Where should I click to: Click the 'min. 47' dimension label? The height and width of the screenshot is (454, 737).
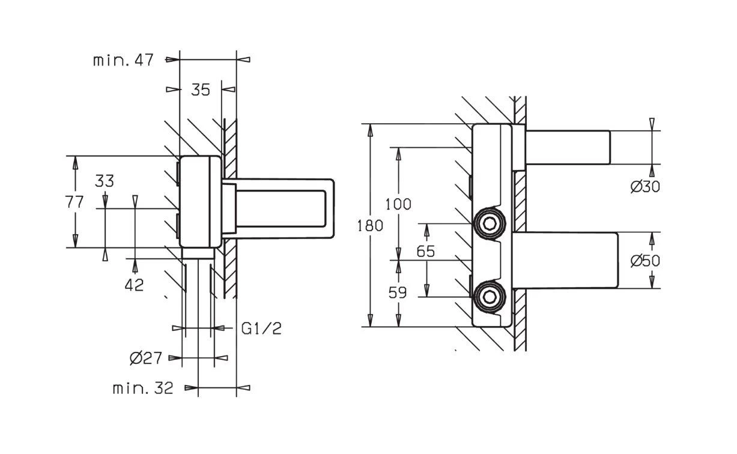click(x=123, y=59)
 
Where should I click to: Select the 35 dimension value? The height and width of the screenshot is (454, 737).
click(x=201, y=89)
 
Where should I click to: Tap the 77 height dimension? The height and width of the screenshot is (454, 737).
click(x=75, y=202)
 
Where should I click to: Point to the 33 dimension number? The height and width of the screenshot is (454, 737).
click(x=105, y=181)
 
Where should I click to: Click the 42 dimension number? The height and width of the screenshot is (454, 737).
click(x=135, y=285)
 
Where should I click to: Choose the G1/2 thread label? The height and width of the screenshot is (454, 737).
click(x=261, y=328)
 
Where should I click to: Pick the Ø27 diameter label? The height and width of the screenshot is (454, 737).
click(x=146, y=359)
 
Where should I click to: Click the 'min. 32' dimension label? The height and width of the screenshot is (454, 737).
click(x=143, y=388)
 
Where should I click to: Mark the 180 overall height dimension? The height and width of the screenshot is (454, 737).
click(x=370, y=226)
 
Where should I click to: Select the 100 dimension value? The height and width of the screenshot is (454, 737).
click(x=398, y=204)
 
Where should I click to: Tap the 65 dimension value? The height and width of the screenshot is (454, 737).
click(x=425, y=251)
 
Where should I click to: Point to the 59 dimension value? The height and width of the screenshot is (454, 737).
click(x=398, y=293)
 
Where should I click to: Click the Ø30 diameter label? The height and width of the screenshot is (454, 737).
click(x=645, y=187)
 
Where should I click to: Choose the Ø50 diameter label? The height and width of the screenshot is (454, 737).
click(x=645, y=261)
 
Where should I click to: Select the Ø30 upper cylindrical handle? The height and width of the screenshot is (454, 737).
click(x=568, y=148)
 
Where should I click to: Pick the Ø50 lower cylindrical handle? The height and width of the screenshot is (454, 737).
click(x=568, y=261)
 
